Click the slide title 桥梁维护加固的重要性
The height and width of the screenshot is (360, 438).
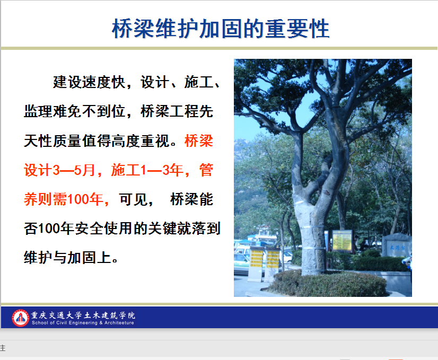(221, 29)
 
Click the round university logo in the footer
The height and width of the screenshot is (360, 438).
(20, 318)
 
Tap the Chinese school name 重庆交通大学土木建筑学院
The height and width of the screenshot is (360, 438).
(83, 315)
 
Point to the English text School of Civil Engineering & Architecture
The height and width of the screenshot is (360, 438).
(83, 323)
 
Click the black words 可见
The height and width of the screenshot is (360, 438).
(133, 199)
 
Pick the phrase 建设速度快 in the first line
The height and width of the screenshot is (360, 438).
(89, 82)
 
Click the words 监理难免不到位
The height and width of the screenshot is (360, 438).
(74, 111)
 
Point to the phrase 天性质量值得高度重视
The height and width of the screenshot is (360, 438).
(97, 141)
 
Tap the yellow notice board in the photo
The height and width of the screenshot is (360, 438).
(341, 241)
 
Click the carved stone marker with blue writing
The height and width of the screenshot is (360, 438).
(397, 247)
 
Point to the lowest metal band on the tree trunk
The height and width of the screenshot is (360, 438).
(313, 248)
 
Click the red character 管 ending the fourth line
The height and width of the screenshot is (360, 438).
(206, 170)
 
